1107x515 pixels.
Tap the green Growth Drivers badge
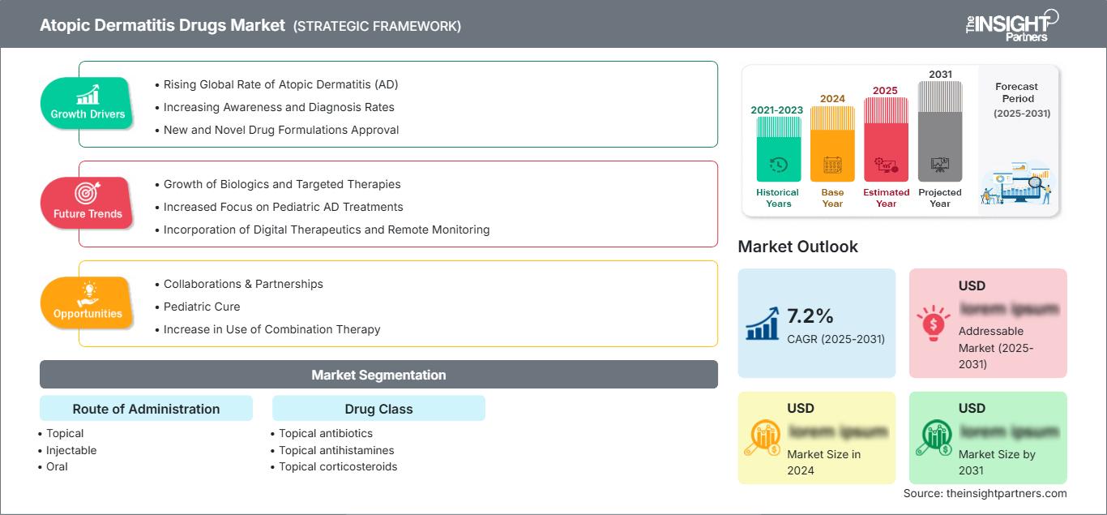[87, 104]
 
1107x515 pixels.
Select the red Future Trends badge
[87, 204]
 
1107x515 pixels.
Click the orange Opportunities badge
[87, 303]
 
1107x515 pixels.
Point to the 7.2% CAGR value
[810, 315]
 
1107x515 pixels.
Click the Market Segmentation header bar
[378, 375]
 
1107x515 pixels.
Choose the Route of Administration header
[146, 409]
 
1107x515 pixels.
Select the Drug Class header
[378, 409]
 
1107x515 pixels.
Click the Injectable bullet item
[71, 450]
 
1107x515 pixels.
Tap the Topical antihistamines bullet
[336, 450]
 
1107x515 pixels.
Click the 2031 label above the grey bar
[940, 75]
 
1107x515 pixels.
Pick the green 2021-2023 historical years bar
[778, 150]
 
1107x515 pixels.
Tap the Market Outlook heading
[797, 247]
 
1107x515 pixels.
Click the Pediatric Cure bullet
[202, 307]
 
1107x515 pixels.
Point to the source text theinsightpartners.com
[985, 493]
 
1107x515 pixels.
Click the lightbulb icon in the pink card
[933, 323]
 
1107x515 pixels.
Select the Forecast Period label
[1017, 92]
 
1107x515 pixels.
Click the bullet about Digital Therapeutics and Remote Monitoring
[327, 230]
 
